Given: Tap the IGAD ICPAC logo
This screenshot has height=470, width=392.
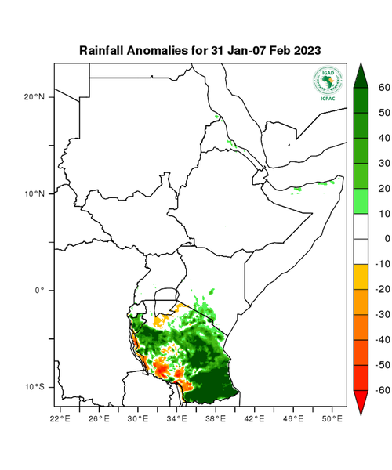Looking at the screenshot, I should point(328,82).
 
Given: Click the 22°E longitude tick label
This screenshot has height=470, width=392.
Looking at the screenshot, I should point(61,418).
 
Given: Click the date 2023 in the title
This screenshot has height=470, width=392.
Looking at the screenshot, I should point(307,50).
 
